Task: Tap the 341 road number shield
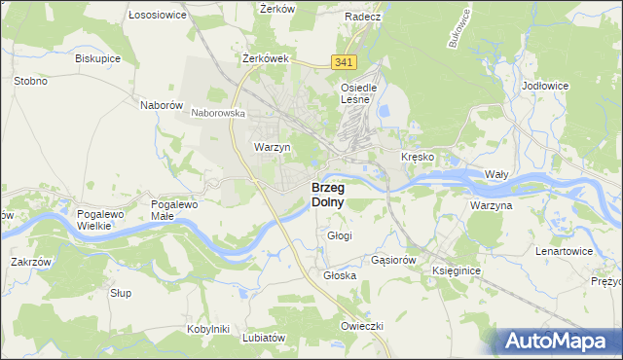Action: pos(343,62)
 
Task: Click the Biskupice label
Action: pos(97,57)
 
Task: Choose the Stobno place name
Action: pos(30,81)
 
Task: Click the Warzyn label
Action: pos(273,147)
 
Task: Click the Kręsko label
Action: pos(418,157)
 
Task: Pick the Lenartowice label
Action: pos(564,251)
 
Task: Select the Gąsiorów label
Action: pos(394,261)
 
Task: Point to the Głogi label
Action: pos(340,235)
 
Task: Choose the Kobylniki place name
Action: pos(207,329)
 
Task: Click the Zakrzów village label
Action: pos(30,262)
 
